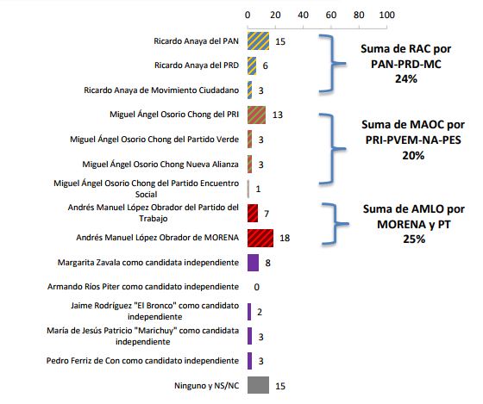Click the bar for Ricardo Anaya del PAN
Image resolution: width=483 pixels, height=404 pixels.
pyautogui.click(x=258, y=41)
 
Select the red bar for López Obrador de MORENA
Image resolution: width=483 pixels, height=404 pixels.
pyautogui.click(x=260, y=238)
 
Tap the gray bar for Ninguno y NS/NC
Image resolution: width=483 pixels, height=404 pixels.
pyautogui.click(x=258, y=385)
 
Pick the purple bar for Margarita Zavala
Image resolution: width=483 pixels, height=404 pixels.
pyautogui.click(x=254, y=263)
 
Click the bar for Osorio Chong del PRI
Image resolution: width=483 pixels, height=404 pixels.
pyautogui.click(x=257, y=115)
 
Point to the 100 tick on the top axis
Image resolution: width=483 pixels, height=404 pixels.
pyautogui.click(x=387, y=15)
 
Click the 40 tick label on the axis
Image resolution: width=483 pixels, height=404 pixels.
pyautogui.click(x=303, y=15)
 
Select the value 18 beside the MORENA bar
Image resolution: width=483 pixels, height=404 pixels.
pyautogui.click(x=285, y=238)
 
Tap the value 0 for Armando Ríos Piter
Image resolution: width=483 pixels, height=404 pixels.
pyautogui.click(x=257, y=287)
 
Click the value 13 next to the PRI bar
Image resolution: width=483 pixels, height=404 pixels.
pyautogui.click(x=278, y=115)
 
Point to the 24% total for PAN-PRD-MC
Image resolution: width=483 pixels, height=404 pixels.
pyautogui.click(x=406, y=78)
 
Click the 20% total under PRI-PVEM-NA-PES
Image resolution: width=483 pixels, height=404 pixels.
pyautogui.click(x=413, y=155)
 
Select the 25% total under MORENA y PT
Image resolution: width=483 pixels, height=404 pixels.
pyautogui.click(x=414, y=239)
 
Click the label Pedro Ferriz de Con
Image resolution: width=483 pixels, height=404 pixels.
pyautogui.click(x=142, y=361)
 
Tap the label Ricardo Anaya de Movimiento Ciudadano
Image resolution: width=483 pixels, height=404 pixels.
pyautogui.click(x=161, y=90)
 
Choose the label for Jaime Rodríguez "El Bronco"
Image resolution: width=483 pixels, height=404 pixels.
pyautogui.click(x=155, y=311)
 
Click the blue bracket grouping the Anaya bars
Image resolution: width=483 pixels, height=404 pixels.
pyautogui.click(x=332, y=64)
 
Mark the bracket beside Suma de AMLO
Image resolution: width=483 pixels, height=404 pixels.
pyautogui.click(x=335, y=224)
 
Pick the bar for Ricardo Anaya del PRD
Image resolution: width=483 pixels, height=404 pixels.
pyautogui.click(x=252, y=65)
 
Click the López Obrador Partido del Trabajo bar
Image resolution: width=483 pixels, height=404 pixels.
pyautogui.click(x=253, y=213)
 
